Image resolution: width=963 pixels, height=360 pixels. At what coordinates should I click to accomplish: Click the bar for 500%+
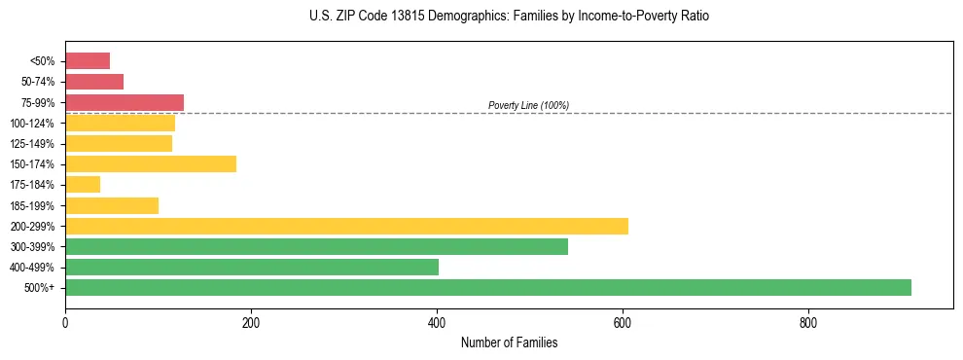click(487, 287)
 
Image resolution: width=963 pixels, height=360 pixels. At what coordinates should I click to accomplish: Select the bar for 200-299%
click(346, 226)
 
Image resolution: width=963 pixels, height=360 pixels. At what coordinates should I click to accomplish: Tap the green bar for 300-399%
click(316, 246)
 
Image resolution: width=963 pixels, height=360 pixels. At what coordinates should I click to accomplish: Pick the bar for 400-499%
click(252, 267)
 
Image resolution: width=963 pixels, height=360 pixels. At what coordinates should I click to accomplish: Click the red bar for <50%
click(88, 61)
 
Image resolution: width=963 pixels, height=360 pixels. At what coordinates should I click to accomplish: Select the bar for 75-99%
click(125, 102)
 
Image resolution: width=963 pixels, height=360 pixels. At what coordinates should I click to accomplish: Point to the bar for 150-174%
click(151, 163)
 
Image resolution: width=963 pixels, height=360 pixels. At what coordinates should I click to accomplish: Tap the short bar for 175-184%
click(83, 184)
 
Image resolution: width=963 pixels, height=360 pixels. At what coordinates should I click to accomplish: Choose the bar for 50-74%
click(94, 82)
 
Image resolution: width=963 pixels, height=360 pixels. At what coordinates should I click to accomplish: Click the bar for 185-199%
click(112, 205)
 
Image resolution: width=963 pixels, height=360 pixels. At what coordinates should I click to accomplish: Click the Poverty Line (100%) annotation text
click(528, 105)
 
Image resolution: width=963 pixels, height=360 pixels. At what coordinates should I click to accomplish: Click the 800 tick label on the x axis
click(808, 322)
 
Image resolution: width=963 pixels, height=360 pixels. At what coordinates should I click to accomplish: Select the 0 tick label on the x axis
click(65, 322)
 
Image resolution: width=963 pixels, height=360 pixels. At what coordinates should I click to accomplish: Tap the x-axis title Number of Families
click(509, 342)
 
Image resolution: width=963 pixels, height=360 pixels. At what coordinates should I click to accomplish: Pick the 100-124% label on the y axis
click(33, 124)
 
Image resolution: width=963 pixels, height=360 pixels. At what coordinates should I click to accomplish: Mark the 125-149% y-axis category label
click(33, 144)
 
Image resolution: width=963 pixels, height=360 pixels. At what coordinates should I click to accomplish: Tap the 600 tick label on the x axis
click(623, 322)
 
